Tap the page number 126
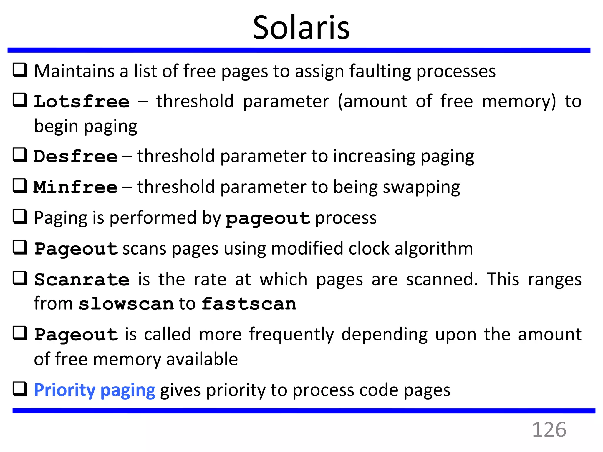[549, 430]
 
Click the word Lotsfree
[82, 102]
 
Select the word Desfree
[75, 156]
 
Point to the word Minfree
[75, 187]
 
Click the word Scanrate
[82, 280]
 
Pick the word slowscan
[126, 304]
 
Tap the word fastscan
[249, 304]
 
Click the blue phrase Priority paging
[95, 390]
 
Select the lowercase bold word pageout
[268, 219]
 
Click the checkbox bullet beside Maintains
[20, 70]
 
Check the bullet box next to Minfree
[20, 186]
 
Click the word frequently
[291, 335]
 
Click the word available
[202, 359]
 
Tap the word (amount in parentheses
[372, 102]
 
